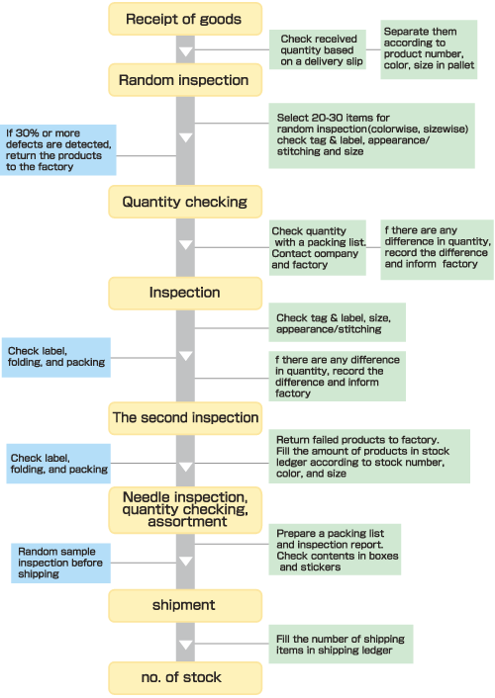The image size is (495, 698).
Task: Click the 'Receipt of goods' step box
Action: point(185,19)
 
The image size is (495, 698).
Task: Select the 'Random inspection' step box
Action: point(185,80)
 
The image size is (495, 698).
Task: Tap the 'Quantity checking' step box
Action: point(185,202)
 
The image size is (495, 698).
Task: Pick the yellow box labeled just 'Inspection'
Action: point(185,293)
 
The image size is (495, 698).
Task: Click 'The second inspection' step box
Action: point(185,418)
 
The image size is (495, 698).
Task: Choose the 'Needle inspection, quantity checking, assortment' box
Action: point(185,510)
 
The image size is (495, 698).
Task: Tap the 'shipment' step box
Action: point(185,605)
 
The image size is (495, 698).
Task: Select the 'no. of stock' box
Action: point(185,677)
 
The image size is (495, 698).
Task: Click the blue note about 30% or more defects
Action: point(58,150)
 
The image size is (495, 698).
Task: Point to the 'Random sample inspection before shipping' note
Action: point(60,564)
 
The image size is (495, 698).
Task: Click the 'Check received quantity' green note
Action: point(318,49)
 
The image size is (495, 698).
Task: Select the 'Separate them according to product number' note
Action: point(429,49)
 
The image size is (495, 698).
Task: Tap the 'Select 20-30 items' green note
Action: point(371,135)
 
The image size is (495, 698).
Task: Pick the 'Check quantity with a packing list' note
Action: point(318,247)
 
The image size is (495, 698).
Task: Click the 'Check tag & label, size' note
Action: point(338,322)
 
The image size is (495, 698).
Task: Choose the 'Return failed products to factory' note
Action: point(369,457)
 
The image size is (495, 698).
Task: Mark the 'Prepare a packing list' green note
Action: point(335,550)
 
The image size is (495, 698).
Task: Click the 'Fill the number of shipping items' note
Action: point(341,645)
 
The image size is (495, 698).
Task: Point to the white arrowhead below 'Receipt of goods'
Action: point(185,52)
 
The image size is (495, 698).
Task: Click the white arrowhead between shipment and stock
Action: point(185,645)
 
